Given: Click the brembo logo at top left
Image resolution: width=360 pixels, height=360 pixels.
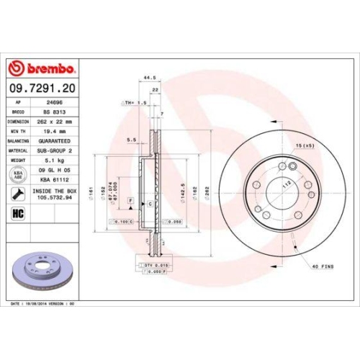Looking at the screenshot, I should tap(41, 69).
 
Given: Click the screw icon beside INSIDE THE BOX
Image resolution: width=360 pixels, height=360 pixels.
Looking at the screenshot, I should tap(17, 194).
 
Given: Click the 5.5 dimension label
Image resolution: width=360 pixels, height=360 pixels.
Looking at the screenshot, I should tap(131, 139).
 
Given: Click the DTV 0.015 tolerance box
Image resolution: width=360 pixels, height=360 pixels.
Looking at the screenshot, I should tap(149, 266).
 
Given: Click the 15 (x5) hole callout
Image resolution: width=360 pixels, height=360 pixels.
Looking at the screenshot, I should tap(305, 147).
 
